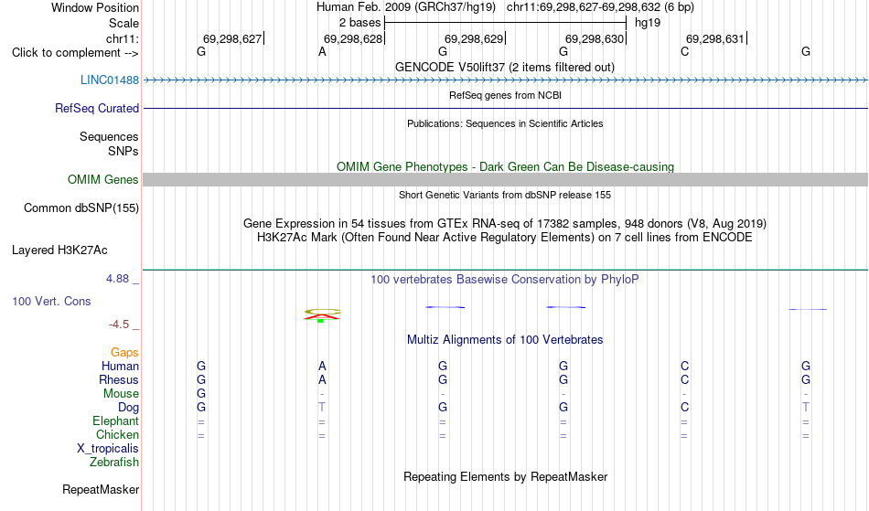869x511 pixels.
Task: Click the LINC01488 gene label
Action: pyautogui.click(x=110, y=80)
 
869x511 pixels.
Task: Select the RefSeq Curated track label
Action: pyautogui.click(x=97, y=109)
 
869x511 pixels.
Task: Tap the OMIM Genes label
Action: pyautogui.click(x=103, y=180)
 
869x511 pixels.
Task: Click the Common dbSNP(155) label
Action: pyautogui.click(x=81, y=208)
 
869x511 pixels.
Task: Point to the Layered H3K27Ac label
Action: pyautogui.click(x=59, y=250)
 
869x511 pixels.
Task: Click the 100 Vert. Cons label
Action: pyautogui.click(x=51, y=302)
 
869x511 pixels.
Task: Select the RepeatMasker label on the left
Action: pyautogui.click(x=101, y=490)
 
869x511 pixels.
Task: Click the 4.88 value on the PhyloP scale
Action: pyautogui.click(x=117, y=279)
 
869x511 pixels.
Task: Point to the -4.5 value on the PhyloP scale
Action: pyautogui.click(x=119, y=325)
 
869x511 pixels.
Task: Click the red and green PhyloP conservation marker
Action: pyautogui.click(x=322, y=315)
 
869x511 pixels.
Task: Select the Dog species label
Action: pyautogui.click(x=129, y=408)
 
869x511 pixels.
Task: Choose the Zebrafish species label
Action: pyautogui.click(x=114, y=463)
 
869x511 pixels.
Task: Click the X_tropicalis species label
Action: pyautogui.click(x=108, y=449)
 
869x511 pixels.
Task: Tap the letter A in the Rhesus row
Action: pyautogui.click(x=322, y=380)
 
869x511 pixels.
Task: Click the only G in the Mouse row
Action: pyautogui.click(x=201, y=394)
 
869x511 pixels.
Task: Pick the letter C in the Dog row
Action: pyautogui.click(x=684, y=408)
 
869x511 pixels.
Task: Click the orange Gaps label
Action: pyautogui.click(x=124, y=353)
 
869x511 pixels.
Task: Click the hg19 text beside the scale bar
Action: pyautogui.click(x=648, y=23)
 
